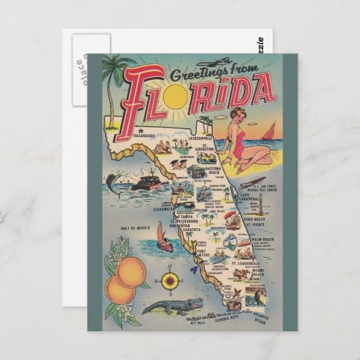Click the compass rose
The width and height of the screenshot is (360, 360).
pos(169,281)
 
